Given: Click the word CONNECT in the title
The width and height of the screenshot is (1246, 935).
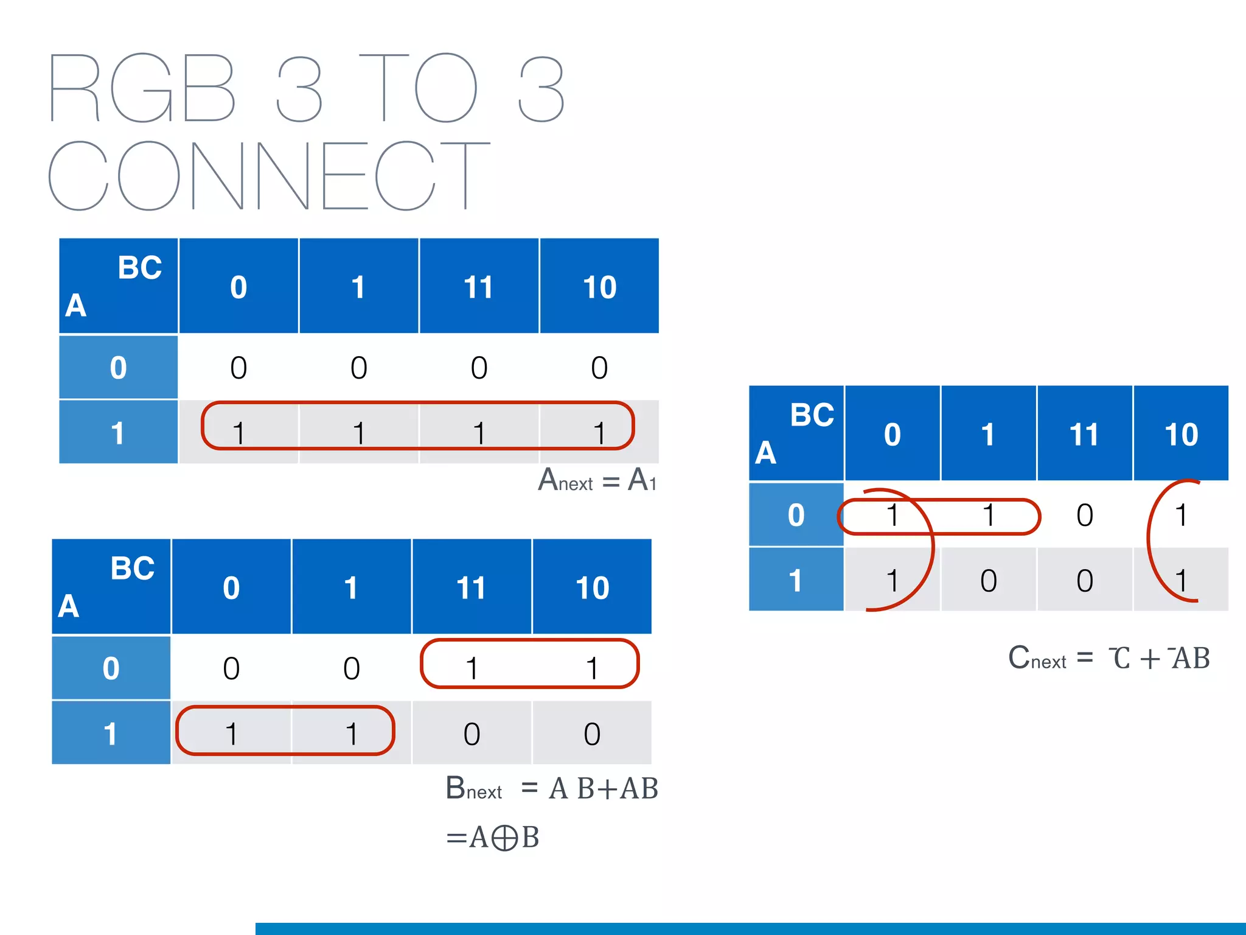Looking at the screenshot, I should pyautogui.click(x=268, y=175).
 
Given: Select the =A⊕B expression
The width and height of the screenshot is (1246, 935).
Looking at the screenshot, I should pyautogui.click(x=492, y=838).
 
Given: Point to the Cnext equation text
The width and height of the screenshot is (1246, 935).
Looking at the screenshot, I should pyautogui.click(x=1109, y=658).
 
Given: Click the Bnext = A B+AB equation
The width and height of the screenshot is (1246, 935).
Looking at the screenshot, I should pyautogui.click(x=551, y=788).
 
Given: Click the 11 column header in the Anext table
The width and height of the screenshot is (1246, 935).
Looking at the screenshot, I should pyautogui.click(x=479, y=287).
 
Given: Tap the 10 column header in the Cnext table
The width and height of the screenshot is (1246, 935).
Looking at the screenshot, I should pyautogui.click(x=1181, y=434).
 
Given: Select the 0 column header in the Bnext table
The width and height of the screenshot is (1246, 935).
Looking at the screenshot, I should pyautogui.click(x=231, y=587).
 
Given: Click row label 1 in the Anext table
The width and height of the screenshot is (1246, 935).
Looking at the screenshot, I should pyautogui.click(x=118, y=432).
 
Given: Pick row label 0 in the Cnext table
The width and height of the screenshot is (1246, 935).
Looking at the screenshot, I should pyautogui.click(x=796, y=515).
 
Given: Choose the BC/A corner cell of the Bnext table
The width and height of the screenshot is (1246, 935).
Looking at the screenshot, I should pyautogui.click(x=111, y=587).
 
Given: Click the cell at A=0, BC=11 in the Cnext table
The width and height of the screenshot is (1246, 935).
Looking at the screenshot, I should pyautogui.click(x=1085, y=515).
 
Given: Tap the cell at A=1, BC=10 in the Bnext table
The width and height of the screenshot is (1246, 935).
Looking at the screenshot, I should pyautogui.click(x=592, y=734).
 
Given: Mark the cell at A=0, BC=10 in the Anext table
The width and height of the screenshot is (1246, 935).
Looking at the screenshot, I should pyautogui.click(x=599, y=368).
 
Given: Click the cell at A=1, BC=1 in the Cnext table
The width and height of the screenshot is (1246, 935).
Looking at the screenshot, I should pyautogui.click(x=989, y=580).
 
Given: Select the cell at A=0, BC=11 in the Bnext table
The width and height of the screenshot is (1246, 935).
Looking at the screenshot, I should pyautogui.click(x=472, y=668).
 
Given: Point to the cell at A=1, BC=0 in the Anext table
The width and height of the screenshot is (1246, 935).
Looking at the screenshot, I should pyautogui.click(x=238, y=433).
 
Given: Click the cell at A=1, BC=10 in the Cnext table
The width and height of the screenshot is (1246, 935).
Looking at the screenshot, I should pyautogui.click(x=1181, y=580).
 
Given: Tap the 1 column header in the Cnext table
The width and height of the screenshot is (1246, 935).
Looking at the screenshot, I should pyautogui.click(x=989, y=434).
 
